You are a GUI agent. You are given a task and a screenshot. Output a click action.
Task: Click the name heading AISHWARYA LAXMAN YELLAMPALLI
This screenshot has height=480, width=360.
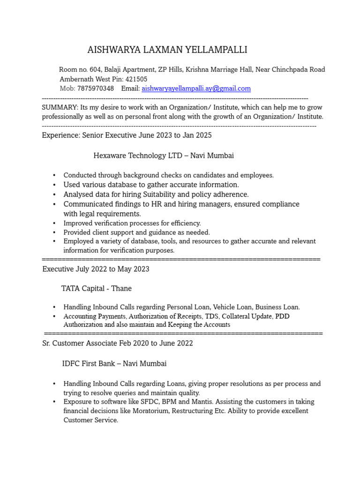click(x=167, y=50)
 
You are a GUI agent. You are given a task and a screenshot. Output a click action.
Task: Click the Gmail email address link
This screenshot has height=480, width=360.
click(x=196, y=88)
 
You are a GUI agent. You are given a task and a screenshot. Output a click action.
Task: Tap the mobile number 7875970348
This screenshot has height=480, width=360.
click(x=95, y=88)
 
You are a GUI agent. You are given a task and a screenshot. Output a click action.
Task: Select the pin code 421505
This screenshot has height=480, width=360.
click(x=136, y=79)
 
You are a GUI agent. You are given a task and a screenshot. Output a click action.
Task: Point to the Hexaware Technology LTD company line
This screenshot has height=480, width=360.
click(x=164, y=155)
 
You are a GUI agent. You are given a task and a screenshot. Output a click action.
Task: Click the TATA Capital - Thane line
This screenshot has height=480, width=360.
click(x=97, y=288)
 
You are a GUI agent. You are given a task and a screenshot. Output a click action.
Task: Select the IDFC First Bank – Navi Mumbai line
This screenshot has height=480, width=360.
click(x=114, y=363)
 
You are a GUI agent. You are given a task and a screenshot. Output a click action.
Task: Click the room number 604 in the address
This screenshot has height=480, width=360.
click(x=94, y=70)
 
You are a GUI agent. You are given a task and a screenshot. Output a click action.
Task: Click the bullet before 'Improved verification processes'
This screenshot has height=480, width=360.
click(x=54, y=224)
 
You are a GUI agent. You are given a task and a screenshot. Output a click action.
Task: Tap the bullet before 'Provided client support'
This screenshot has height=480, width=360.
click(x=54, y=232)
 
